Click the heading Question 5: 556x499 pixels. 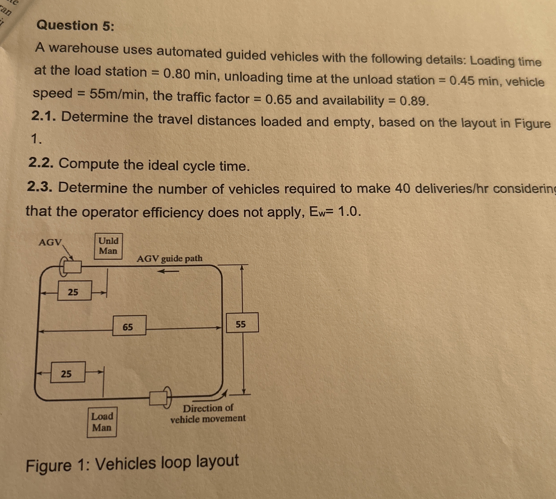(x=75, y=26)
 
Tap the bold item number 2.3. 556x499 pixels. (x=40, y=187)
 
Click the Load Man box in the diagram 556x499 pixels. (x=102, y=422)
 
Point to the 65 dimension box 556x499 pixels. (x=129, y=325)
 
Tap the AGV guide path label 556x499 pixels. (x=169, y=258)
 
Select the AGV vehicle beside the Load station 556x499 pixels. (x=159, y=398)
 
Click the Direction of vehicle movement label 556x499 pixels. (x=208, y=414)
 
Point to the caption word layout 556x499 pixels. (x=217, y=461)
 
